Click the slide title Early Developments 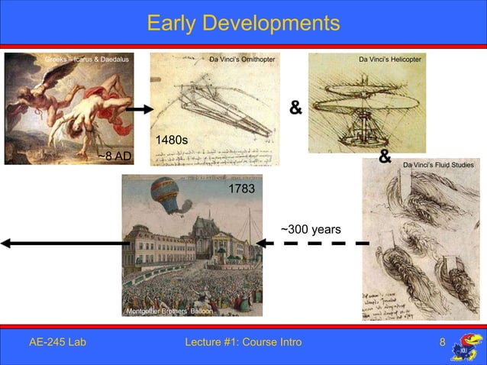pyautogui.click(x=243, y=23)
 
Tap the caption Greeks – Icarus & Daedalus pyautogui.click(x=87, y=59)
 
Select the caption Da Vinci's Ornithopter pyautogui.click(x=242, y=59)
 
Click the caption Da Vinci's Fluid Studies pyautogui.click(x=438, y=165)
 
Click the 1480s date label pyautogui.click(x=172, y=141)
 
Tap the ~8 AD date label pyautogui.click(x=114, y=157)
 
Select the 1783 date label pyautogui.click(x=242, y=188)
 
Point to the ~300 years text pyautogui.click(x=311, y=230)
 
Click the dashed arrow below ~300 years pyautogui.click(x=313, y=244)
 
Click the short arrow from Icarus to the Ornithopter pyautogui.click(x=139, y=109)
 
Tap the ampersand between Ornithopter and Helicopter pyautogui.click(x=295, y=108)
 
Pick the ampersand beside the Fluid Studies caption pyautogui.click(x=385, y=158)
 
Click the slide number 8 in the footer pyautogui.click(x=442, y=341)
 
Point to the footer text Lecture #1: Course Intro pyautogui.click(x=243, y=341)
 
